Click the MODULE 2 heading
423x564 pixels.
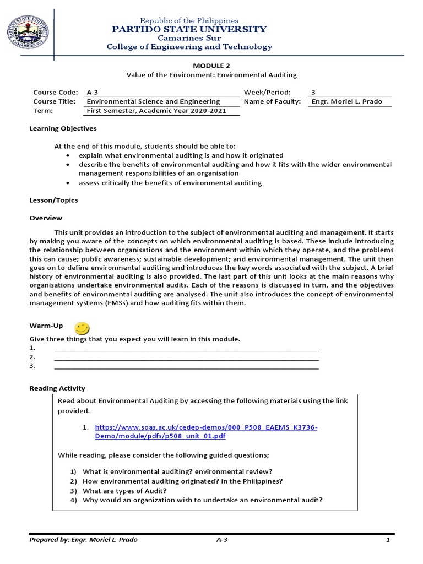click(x=211, y=66)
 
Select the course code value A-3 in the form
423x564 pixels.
click(x=92, y=93)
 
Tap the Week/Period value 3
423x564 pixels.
click(x=313, y=93)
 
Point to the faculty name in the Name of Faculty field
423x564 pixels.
click(x=346, y=101)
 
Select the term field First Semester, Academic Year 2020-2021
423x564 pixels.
click(x=156, y=111)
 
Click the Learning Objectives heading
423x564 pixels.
click(x=63, y=128)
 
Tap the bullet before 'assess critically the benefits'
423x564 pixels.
click(x=68, y=183)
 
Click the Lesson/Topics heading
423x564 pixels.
click(x=53, y=200)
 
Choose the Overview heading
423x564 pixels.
click(x=46, y=218)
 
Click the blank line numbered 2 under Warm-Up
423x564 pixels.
click(x=186, y=357)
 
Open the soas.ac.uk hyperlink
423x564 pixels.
click(x=206, y=432)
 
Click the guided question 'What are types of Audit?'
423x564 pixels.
click(x=124, y=491)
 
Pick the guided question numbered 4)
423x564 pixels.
click(x=202, y=500)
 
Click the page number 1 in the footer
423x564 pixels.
click(x=388, y=540)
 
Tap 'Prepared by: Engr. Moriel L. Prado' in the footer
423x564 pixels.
click(x=83, y=540)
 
